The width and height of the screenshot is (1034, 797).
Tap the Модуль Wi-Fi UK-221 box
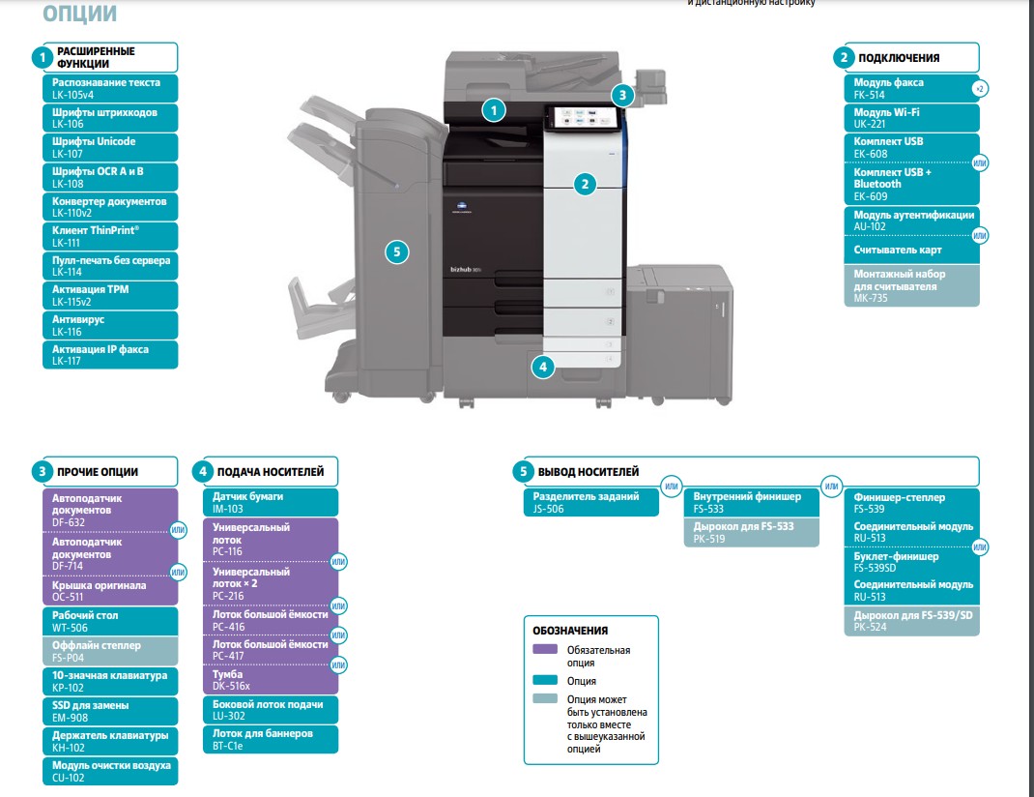pos(910,118)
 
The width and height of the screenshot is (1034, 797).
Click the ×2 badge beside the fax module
pos(979,89)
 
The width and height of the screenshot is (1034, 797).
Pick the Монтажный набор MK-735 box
pos(910,285)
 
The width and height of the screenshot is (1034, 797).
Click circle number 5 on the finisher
pos(396,252)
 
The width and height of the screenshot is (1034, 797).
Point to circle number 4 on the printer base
pos(544,367)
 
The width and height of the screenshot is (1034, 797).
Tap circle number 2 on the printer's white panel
pos(584,183)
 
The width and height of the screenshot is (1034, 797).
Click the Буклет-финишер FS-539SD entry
pos(910,562)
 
